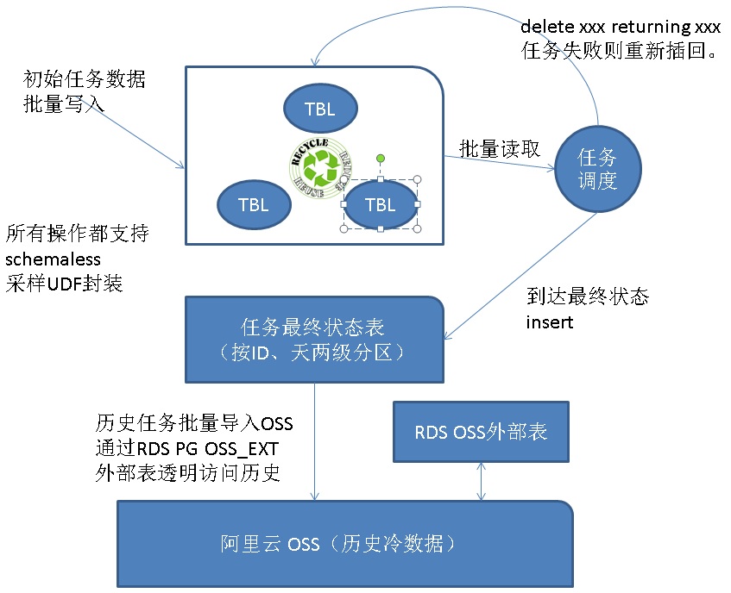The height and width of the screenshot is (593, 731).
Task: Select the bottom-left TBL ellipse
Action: tap(254, 204)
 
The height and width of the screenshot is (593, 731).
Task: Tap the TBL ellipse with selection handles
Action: tap(381, 204)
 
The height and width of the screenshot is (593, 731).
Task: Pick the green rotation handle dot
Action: tap(380, 159)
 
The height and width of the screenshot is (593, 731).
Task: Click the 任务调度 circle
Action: tap(597, 170)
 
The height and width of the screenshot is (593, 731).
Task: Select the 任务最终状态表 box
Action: tap(314, 340)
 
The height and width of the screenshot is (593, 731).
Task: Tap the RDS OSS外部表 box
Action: tap(481, 431)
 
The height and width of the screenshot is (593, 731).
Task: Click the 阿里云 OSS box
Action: tap(345, 544)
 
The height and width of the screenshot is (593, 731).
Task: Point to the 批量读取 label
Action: tap(500, 148)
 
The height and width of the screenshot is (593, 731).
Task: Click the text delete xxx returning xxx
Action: tap(620, 28)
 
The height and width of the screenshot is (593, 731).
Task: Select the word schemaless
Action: tap(54, 259)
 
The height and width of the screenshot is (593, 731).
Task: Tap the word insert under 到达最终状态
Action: tap(550, 322)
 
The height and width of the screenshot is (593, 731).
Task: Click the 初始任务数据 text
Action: tap(85, 81)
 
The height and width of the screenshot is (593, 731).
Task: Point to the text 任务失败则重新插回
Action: tap(620, 51)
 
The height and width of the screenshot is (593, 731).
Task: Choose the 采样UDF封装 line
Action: tap(65, 282)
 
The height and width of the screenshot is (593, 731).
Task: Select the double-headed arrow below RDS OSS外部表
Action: tap(482, 481)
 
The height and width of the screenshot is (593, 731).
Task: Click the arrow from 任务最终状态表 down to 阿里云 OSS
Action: tap(314, 440)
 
